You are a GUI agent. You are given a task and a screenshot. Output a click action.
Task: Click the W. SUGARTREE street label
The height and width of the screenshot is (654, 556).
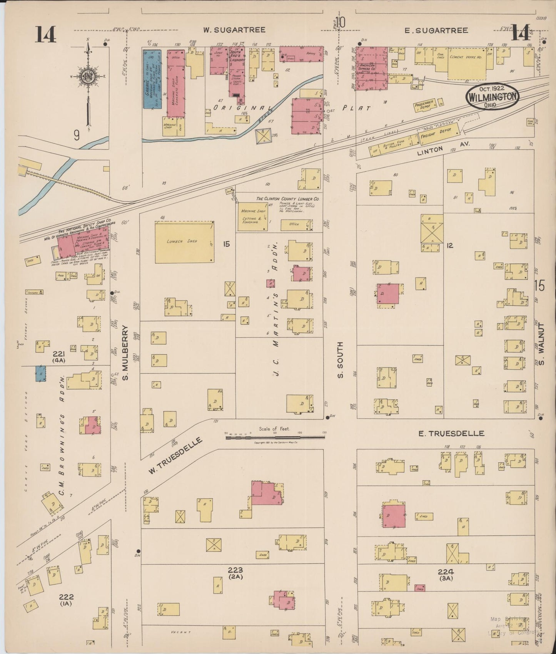click(x=234, y=30)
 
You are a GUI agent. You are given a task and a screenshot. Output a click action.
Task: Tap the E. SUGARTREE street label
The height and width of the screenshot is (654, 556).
click(x=437, y=30)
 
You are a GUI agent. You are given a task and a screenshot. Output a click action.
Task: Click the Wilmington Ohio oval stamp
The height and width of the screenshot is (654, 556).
click(x=493, y=97)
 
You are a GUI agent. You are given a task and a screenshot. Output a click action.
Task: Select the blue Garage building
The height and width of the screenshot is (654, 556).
click(x=152, y=79)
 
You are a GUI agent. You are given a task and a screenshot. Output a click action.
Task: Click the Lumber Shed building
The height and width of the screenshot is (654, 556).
click(x=184, y=242)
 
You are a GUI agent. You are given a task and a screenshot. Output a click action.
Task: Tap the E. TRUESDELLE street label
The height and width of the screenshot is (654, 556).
click(x=451, y=433)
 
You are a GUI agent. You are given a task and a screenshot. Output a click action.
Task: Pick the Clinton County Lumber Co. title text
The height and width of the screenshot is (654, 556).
click(x=288, y=199)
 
